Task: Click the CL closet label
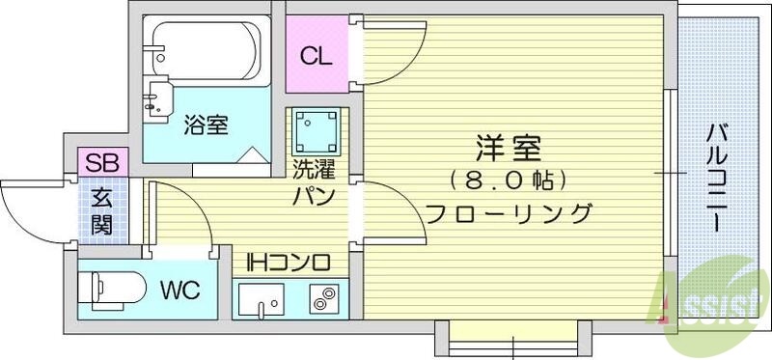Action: pyautogui.click(x=316, y=56)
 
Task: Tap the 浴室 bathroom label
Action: pyautogui.click(x=206, y=125)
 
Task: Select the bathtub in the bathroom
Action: pyautogui.click(x=204, y=47)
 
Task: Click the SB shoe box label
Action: pyautogui.click(x=100, y=163)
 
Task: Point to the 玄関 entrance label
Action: pyautogui.click(x=101, y=211)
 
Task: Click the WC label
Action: pyautogui.click(x=180, y=290)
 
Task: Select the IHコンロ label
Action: pyautogui.click(x=289, y=261)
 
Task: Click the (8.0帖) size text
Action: pyautogui.click(x=508, y=180)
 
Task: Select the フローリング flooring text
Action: pyautogui.click(x=508, y=213)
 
